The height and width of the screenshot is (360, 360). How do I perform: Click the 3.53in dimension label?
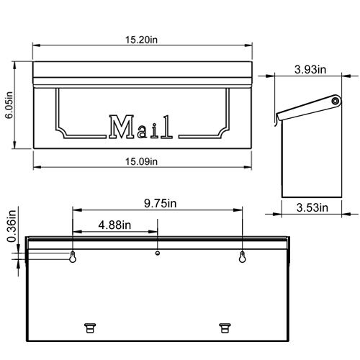click(x=312, y=208)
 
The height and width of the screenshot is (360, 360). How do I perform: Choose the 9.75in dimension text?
click(x=158, y=204)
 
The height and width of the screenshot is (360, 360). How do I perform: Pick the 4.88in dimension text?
click(x=114, y=225)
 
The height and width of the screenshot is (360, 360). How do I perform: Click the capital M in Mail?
click(x=119, y=127)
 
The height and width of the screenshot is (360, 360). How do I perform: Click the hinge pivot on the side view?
click(x=335, y=102)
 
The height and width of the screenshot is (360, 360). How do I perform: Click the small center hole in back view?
click(x=158, y=253)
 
